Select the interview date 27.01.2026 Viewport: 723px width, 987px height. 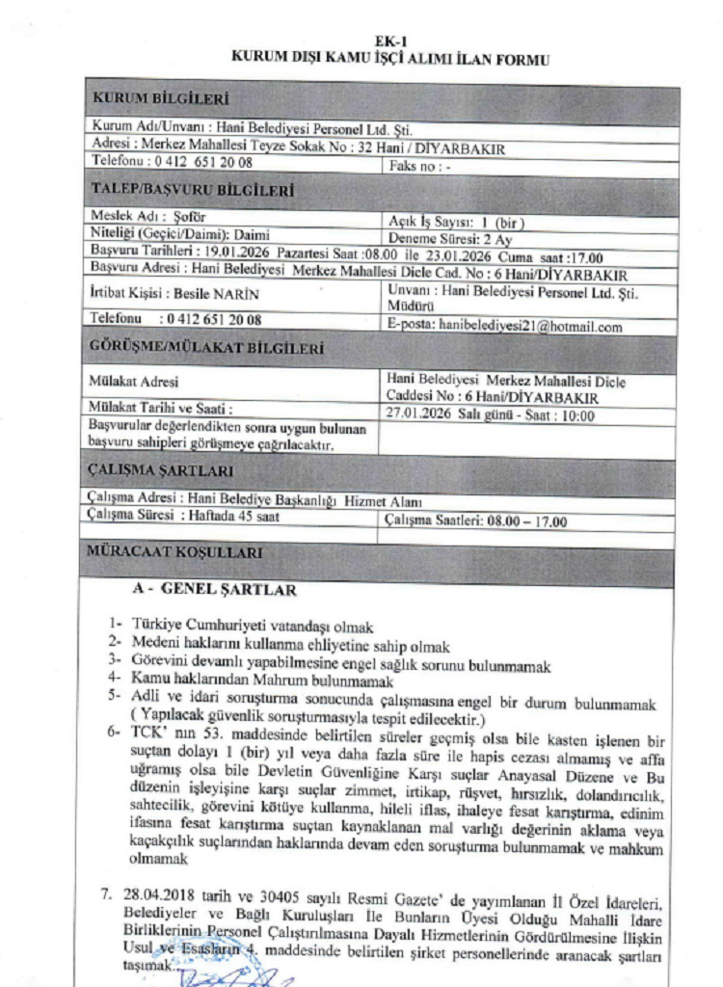[x=416, y=416]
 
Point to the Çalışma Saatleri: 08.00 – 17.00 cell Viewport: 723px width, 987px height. [x=475, y=522]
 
